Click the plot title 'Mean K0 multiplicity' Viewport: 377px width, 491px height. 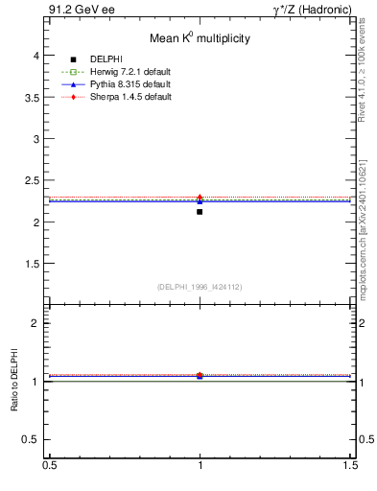coord(200,39)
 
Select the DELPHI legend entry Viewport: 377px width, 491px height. coord(105,59)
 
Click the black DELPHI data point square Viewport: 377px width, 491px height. coord(200,211)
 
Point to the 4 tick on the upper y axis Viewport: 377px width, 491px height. coord(37,56)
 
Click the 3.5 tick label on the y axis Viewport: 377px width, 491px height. coord(32,97)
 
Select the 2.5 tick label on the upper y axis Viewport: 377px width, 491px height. coord(32,180)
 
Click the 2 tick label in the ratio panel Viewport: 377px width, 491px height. coord(37,323)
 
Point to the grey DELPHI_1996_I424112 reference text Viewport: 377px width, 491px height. coord(200,286)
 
